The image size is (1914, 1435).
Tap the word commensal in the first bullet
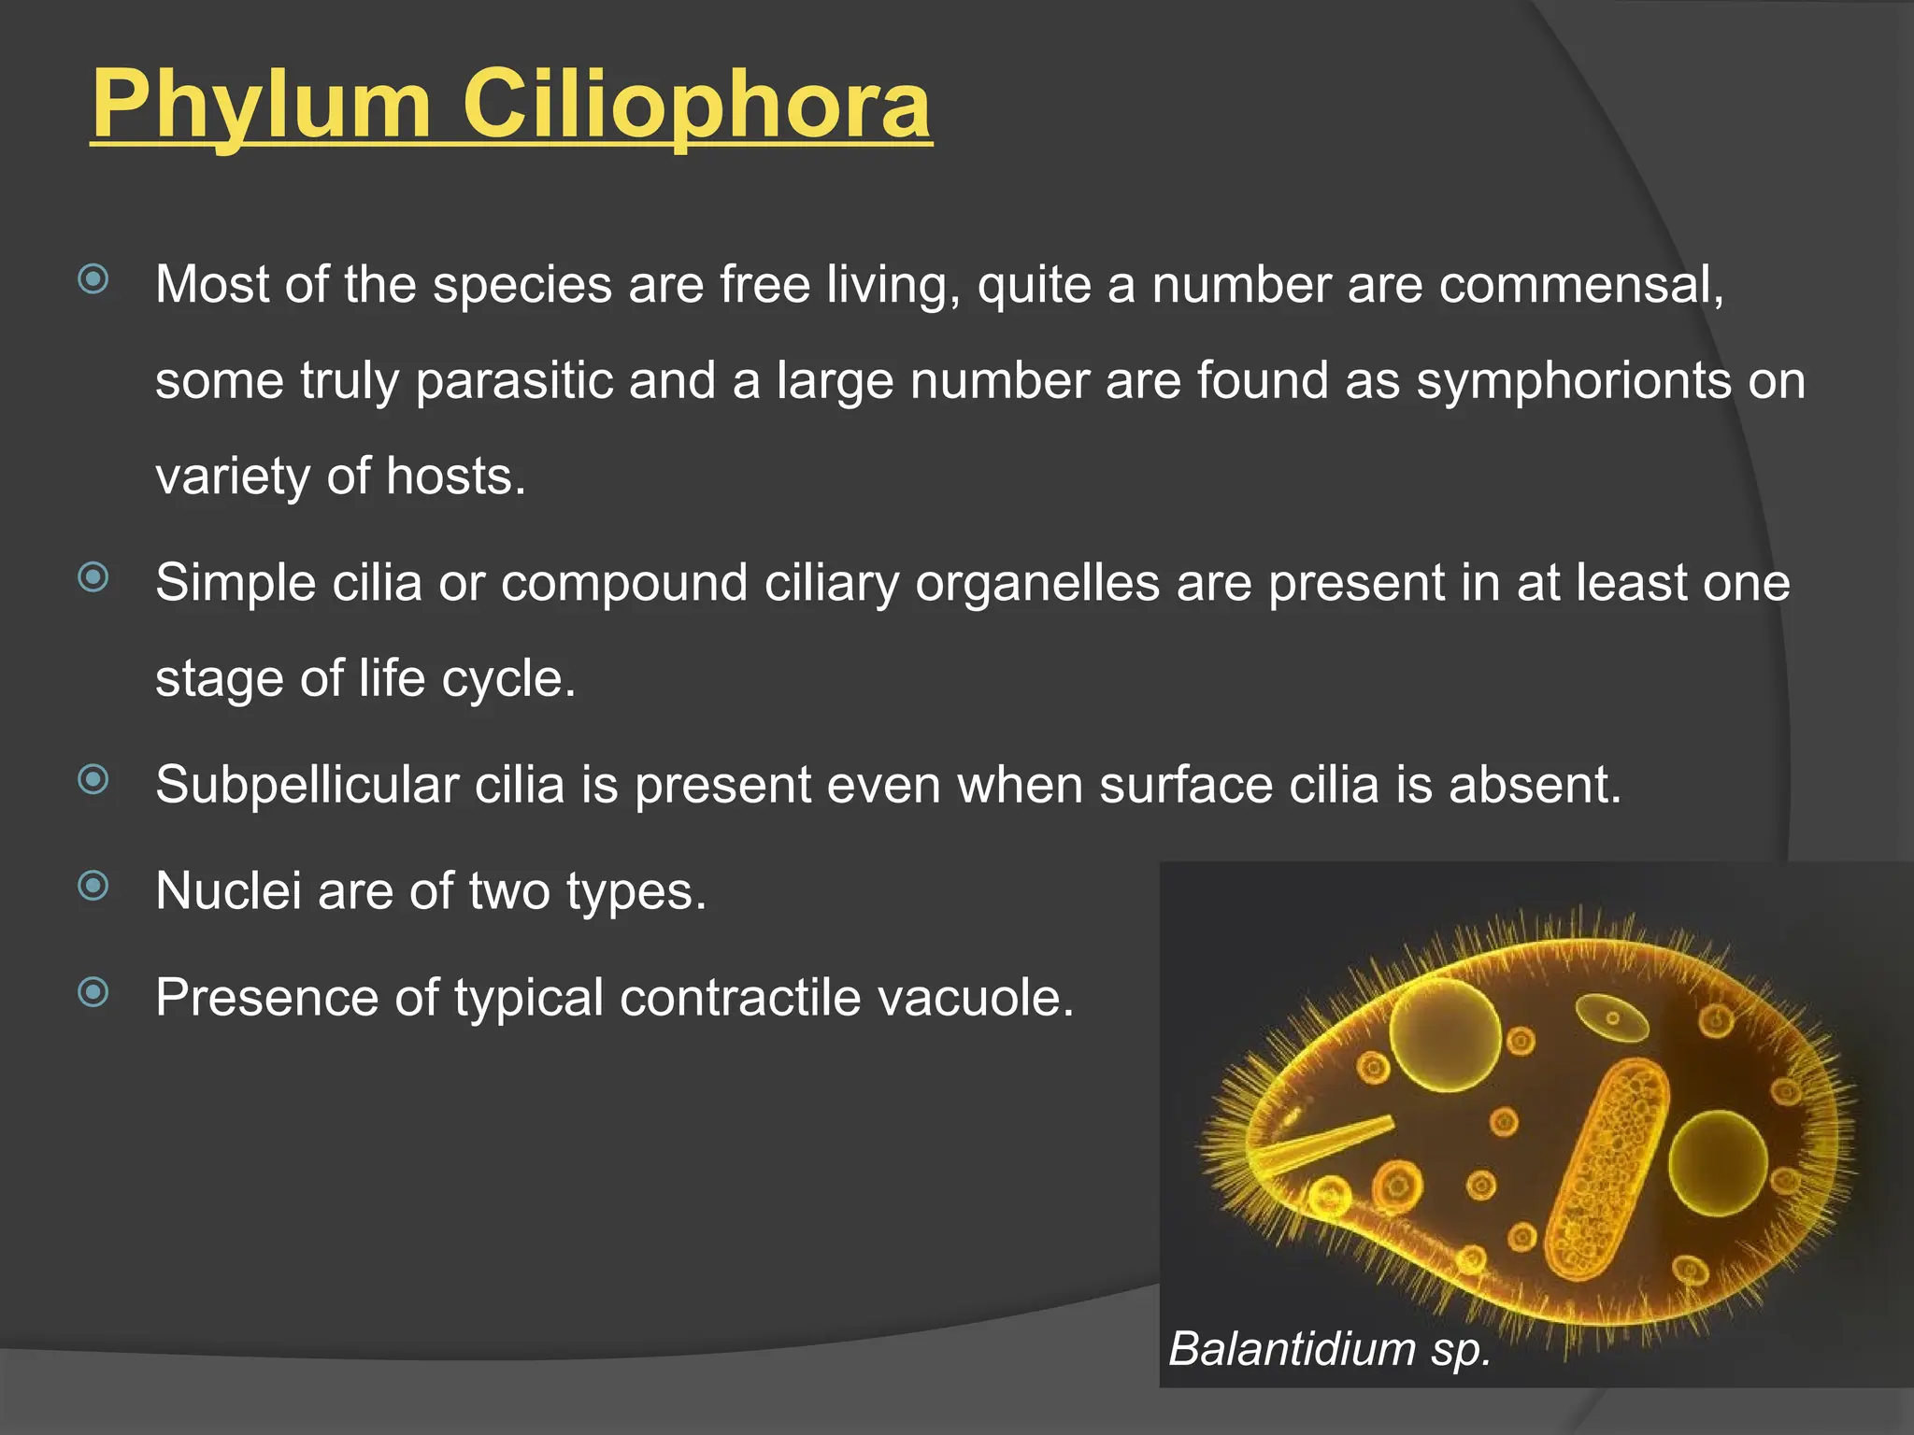pos(1580,284)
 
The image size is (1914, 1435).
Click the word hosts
pos(456,476)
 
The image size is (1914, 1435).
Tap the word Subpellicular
pos(307,785)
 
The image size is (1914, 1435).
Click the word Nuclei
pos(228,890)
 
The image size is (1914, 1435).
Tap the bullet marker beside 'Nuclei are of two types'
pos(93,885)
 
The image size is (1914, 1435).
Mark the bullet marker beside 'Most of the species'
pos(93,278)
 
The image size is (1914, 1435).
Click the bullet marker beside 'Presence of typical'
pos(93,991)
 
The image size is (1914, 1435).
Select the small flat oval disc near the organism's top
pos(1612,1017)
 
